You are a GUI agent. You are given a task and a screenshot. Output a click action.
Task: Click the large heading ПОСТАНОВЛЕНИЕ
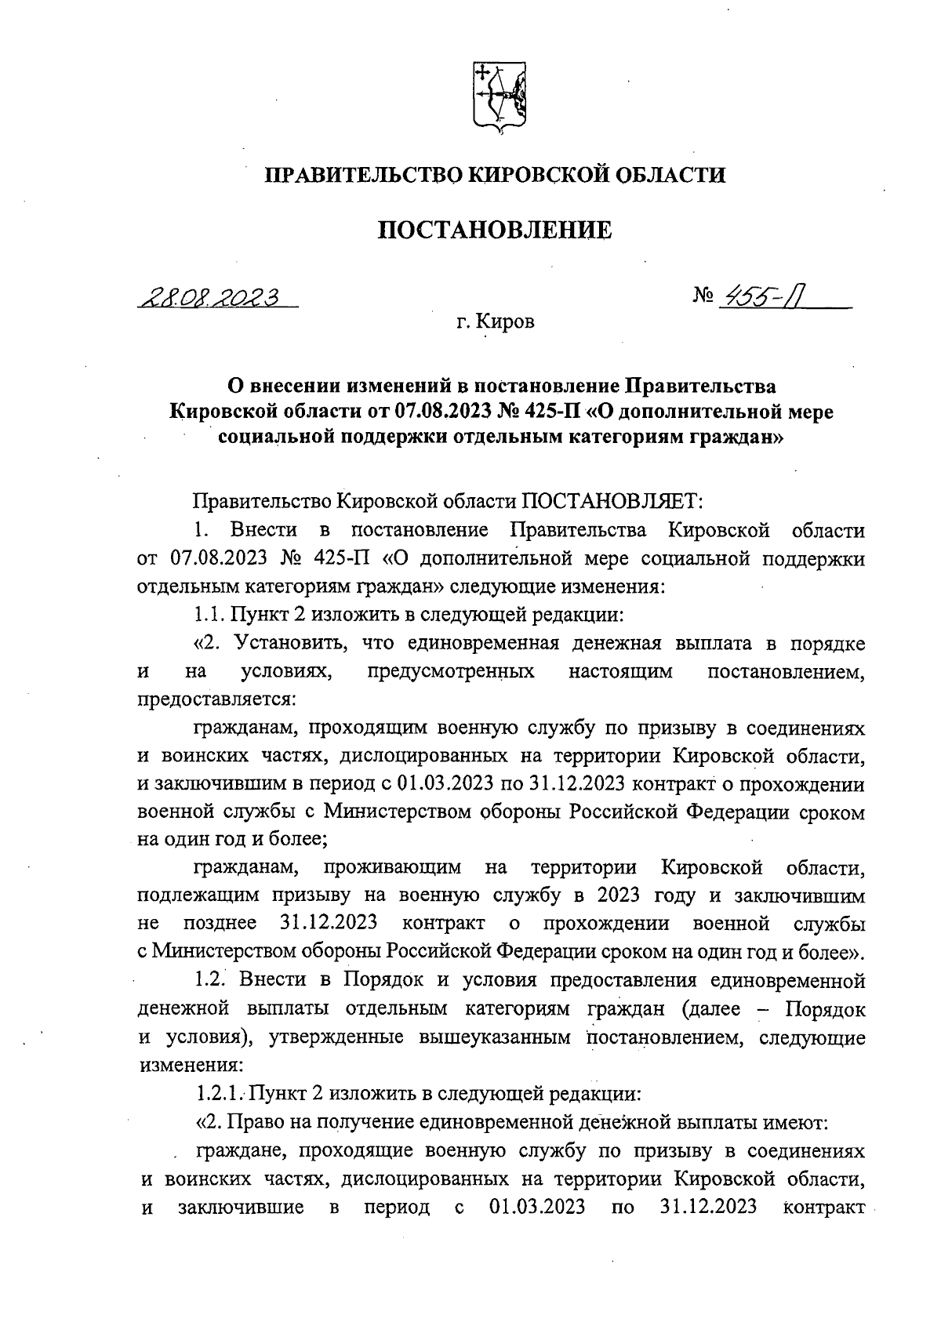click(495, 231)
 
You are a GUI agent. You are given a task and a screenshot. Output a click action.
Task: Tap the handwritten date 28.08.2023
click(211, 297)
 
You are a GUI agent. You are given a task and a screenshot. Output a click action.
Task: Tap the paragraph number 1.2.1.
click(222, 1094)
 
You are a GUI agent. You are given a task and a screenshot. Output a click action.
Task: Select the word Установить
click(285, 644)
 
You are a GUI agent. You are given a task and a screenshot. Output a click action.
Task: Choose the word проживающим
click(386, 868)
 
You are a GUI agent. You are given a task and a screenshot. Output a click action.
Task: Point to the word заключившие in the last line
click(242, 1207)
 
